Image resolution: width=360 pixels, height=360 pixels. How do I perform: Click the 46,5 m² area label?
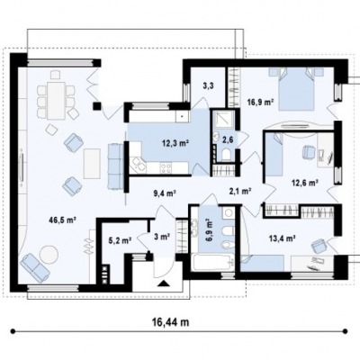coord(62,220)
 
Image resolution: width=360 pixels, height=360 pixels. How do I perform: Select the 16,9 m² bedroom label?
coord(260,103)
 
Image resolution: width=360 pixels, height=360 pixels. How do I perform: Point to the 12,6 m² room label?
coord(305,182)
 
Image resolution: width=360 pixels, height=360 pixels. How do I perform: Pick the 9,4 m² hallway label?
coord(165,193)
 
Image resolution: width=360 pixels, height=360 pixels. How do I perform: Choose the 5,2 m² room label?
coord(120,240)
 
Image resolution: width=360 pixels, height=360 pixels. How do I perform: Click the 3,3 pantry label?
coord(208,87)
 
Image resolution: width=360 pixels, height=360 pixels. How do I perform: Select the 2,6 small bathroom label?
coord(227,139)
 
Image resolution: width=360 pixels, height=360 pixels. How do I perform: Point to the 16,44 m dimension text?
coord(170,322)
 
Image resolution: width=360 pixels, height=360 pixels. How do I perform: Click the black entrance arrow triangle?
coord(163,283)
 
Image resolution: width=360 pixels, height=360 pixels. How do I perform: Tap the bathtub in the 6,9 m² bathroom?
coord(212,263)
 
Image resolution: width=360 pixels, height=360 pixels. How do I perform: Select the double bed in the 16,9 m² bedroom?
coord(296,88)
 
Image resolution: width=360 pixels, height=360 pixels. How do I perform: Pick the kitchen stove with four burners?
coord(166,167)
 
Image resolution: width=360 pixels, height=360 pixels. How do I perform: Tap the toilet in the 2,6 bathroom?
coord(227,155)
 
